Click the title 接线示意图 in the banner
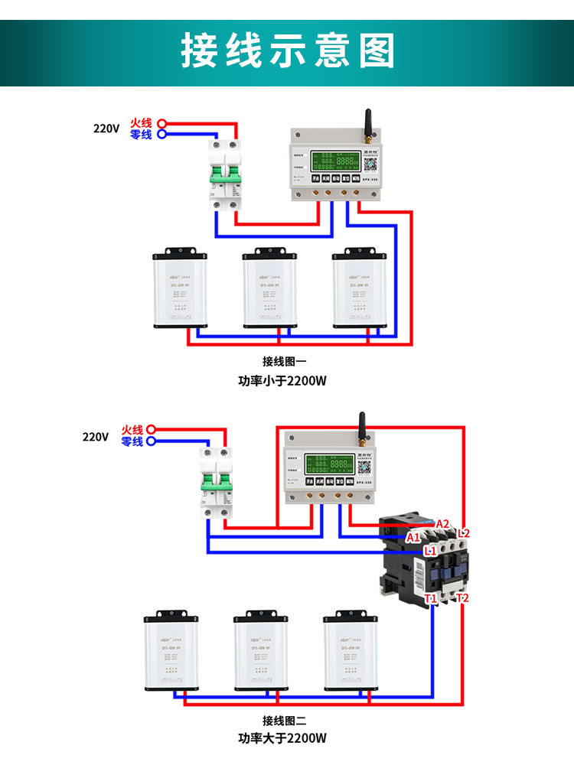point(287,52)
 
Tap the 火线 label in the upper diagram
point(141,122)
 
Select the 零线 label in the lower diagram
point(132,441)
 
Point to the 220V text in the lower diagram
point(96,436)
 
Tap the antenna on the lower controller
point(361,428)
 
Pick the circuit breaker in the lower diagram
point(215,482)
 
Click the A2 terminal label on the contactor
point(442,524)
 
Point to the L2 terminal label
point(463,533)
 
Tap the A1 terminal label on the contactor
point(413,537)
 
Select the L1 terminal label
point(430,549)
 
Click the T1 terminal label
point(431,598)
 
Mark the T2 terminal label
point(462,597)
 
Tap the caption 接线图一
point(284,362)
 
